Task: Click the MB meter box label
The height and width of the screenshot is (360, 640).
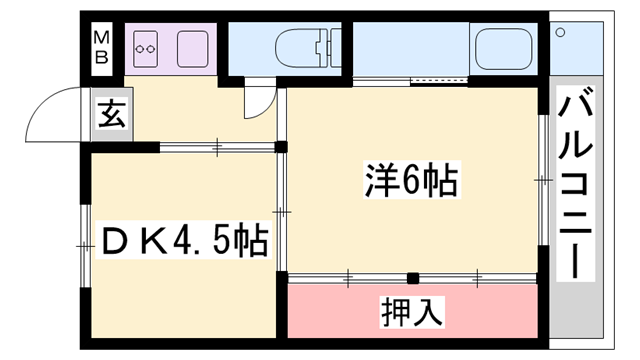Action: pyautogui.click(x=102, y=46)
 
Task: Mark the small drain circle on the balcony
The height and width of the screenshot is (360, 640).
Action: pyautogui.click(x=561, y=32)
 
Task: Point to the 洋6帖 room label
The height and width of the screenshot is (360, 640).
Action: pyautogui.click(x=410, y=181)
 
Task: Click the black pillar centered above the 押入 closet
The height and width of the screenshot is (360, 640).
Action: pyautogui.click(x=411, y=277)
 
